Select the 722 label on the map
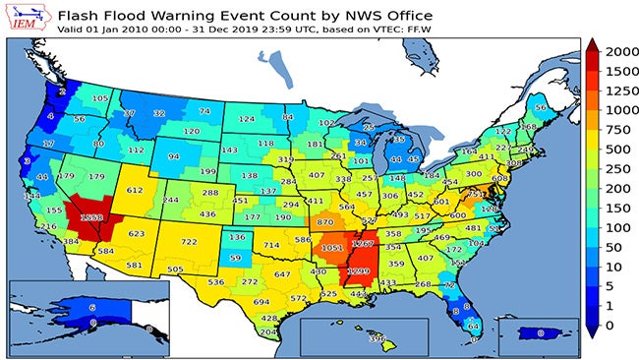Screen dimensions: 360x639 [189, 242]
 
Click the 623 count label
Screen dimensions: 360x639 [137, 233]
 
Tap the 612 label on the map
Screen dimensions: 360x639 [135, 191]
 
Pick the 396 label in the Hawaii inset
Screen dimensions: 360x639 [376, 339]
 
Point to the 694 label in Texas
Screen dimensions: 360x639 [261, 302]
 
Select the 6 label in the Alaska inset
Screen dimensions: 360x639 [90, 308]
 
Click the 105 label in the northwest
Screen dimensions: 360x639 [100, 98]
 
